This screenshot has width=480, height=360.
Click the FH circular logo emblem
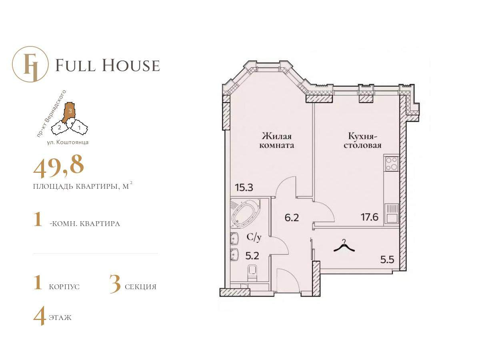click(x=30, y=64)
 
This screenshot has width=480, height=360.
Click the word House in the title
click(x=131, y=65)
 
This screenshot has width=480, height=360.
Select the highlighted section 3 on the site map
click(x=69, y=112)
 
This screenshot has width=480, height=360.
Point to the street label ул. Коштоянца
click(x=68, y=142)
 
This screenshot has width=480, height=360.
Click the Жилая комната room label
click(x=277, y=141)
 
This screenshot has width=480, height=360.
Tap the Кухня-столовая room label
click(x=362, y=141)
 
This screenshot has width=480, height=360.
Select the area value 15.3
click(x=244, y=187)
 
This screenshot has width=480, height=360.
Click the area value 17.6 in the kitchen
click(x=369, y=218)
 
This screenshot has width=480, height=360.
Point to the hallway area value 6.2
click(x=292, y=218)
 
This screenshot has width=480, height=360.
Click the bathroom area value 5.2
click(x=252, y=256)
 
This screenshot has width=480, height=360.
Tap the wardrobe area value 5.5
click(x=387, y=260)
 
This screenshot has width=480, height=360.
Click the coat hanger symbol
click(x=344, y=247)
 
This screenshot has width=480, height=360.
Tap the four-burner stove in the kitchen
click(x=392, y=164)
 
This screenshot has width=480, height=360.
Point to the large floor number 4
click(x=39, y=316)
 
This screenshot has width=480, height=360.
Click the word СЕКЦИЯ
click(x=141, y=286)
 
